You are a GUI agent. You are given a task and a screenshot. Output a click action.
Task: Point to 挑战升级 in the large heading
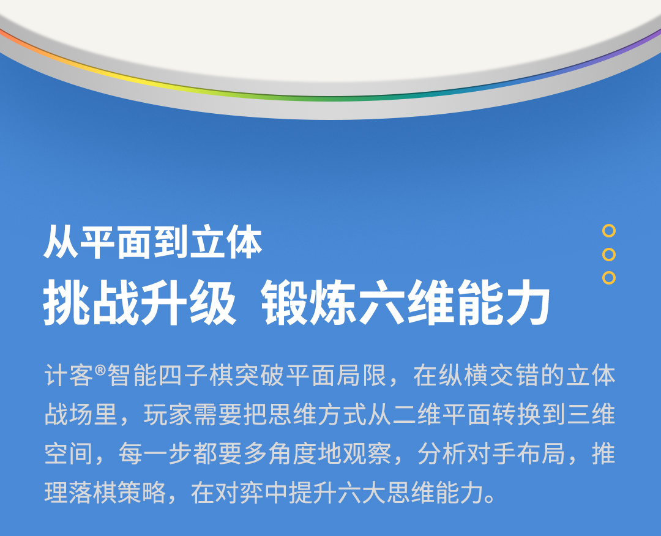(140, 302)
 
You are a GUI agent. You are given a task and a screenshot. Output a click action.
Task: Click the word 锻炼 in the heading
(309, 302)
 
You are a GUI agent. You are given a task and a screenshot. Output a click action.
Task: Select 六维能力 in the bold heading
(454, 302)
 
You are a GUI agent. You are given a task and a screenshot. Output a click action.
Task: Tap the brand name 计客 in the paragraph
(69, 375)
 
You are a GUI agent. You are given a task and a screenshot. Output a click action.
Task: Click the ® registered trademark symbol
(100, 370)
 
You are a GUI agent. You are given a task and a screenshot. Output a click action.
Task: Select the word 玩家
(168, 415)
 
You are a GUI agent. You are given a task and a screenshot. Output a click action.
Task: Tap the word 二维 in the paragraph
(417, 415)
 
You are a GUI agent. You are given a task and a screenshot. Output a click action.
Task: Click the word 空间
(69, 454)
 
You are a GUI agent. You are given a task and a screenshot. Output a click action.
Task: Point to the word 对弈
(239, 493)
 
